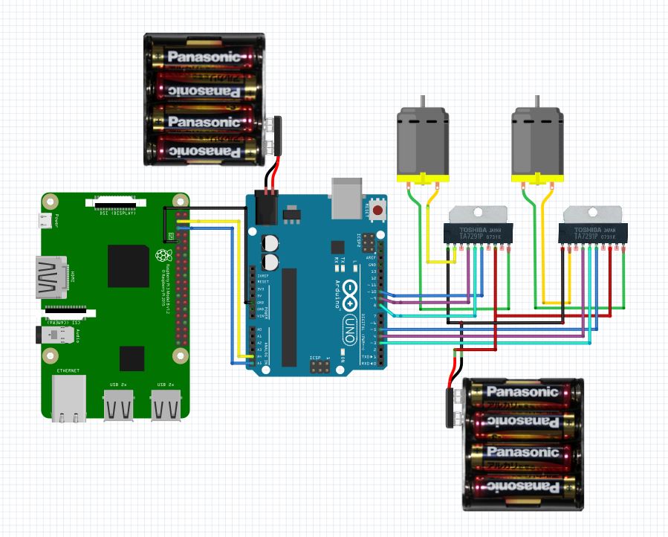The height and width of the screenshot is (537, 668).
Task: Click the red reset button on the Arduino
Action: (378, 210)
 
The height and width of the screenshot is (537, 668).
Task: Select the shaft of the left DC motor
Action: (422, 101)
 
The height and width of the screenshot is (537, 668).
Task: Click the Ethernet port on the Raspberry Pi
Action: (69, 397)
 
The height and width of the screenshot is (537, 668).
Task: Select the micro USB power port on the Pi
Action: (47, 221)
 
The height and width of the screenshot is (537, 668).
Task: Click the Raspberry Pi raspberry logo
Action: (161, 256)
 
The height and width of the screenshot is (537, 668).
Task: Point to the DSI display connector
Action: (115, 201)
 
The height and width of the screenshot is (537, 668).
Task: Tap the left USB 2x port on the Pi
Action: (119, 405)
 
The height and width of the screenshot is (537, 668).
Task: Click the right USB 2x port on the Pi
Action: (166, 405)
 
